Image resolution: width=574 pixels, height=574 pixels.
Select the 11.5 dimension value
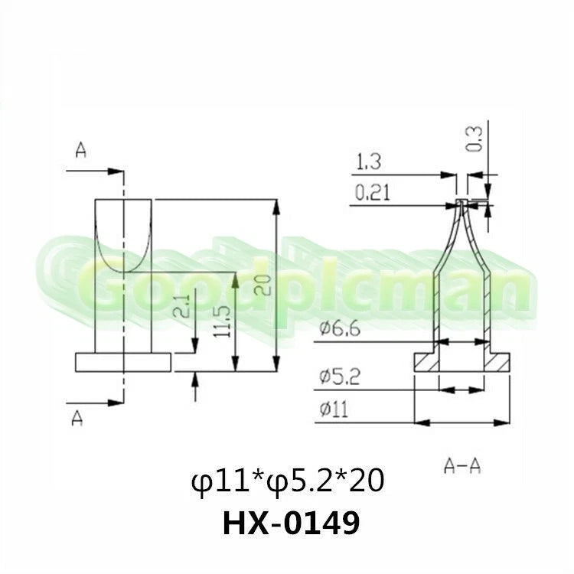click(x=222, y=322)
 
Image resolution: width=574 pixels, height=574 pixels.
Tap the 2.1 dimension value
click(x=181, y=306)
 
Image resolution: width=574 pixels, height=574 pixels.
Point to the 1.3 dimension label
click(x=369, y=161)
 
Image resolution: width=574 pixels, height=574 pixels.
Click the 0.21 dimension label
click(x=372, y=193)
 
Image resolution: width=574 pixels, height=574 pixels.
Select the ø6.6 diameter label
click(x=340, y=328)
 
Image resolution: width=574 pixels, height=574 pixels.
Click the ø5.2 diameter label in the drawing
click(x=340, y=377)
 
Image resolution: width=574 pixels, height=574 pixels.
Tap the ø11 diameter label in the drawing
click(x=334, y=409)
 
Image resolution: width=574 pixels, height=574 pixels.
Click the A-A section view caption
click(x=462, y=466)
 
